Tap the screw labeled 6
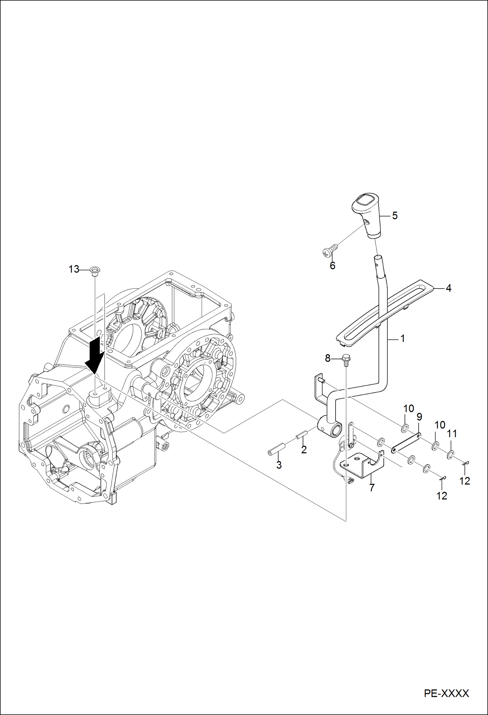pos(329,251)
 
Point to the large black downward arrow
pos(94,356)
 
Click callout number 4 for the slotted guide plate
pos(448,288)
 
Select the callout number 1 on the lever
pos(402,339)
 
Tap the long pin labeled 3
pos(277,450)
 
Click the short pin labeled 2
pos(302,436)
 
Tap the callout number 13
pos(74,269)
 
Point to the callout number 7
pos(372,488)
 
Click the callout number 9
pos(419,417)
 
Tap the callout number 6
pos(332,266)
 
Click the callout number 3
pos(279,465)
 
